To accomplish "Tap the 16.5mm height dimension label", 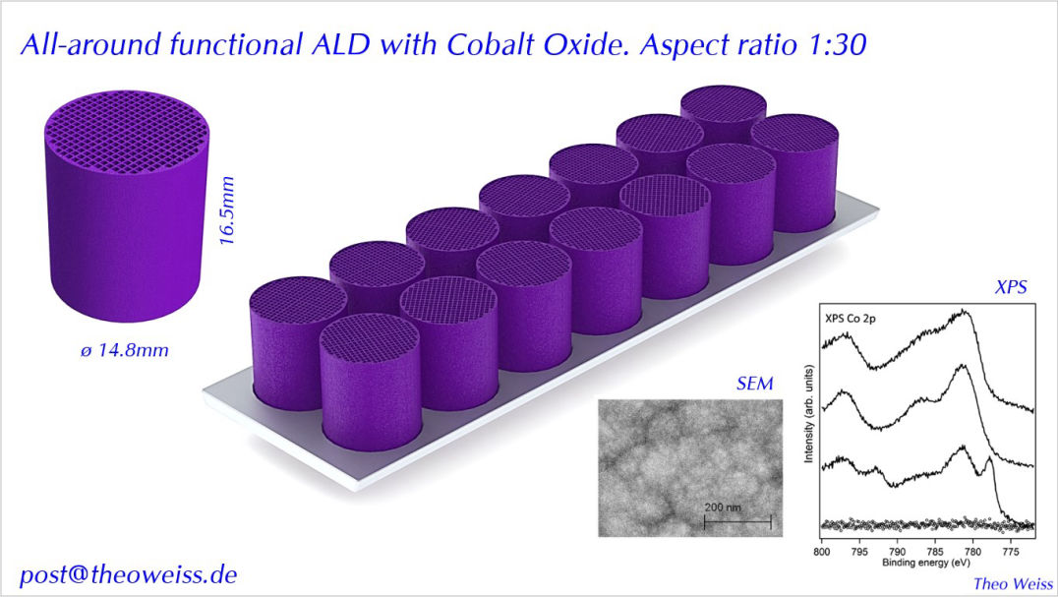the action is pos(227,210).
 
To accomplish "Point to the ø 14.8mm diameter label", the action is pos(124,350).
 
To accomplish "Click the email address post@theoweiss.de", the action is pos(128,574).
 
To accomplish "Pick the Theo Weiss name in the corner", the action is pos(1013,583).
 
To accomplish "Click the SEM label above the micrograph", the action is pos(754,384).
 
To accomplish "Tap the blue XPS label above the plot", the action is pos(1010,286).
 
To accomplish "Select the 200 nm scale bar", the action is pos(737,520).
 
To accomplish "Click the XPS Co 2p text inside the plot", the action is pos(851,318).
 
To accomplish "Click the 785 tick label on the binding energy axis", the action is pos(934,552).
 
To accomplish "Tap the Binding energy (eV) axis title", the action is pos(926,563).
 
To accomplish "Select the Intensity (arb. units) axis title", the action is pos(808,413).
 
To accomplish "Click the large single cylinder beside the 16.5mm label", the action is pos(127,206).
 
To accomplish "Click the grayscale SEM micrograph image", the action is pos(690,468).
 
